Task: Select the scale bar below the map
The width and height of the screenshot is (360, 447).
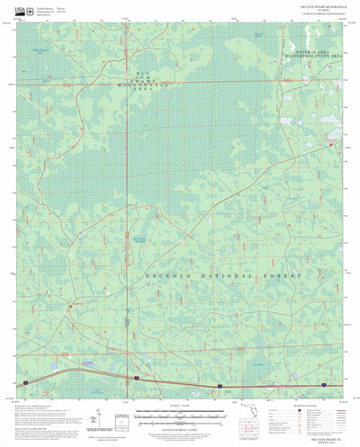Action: click(172, 416)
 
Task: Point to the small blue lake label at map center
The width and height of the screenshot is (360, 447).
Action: click(138, 239)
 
